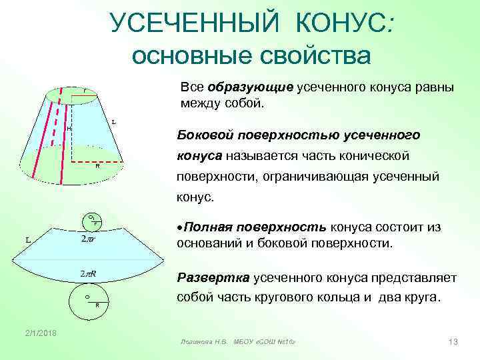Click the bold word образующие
click(x=251, y=88)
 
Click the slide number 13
click(x=452, y=342)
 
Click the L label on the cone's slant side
click(x=114, y=122)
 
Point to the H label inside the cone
click(x=69, y=128)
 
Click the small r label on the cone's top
click(x=85, y=91)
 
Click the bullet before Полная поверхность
click(x=179, y=227)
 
